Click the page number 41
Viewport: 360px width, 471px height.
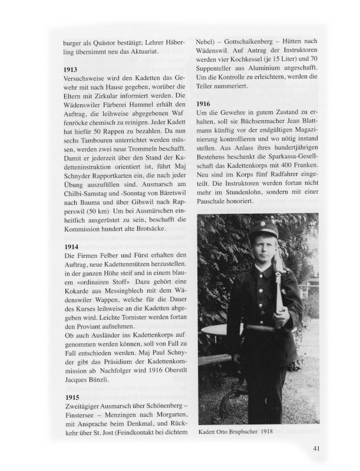(x=316, y=449)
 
